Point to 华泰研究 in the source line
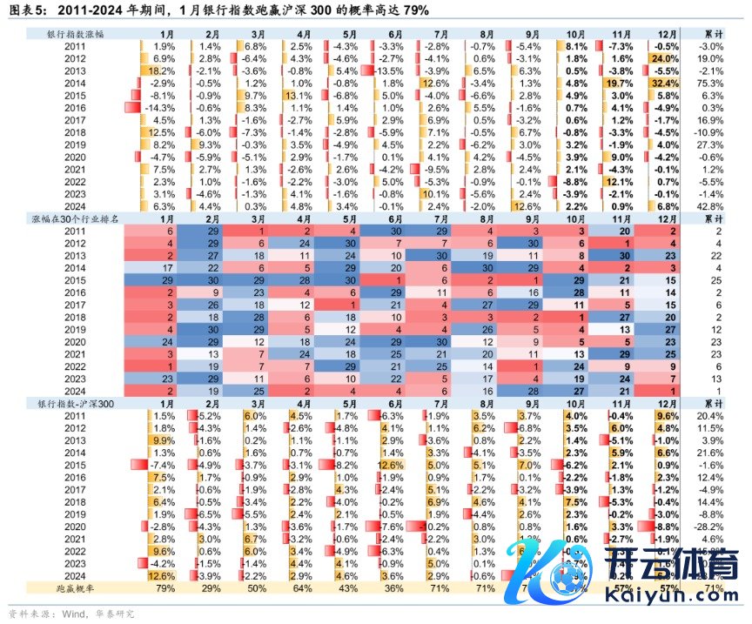(x=117, y=613)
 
